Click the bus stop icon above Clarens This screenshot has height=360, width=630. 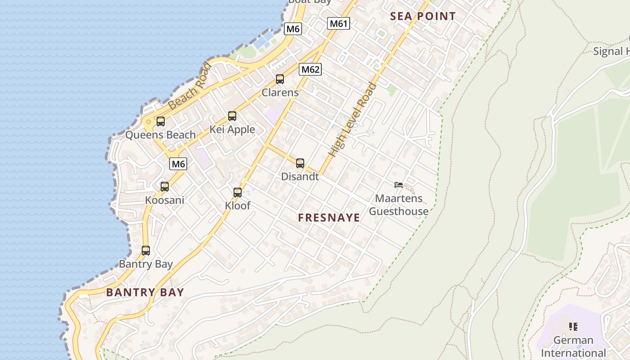coord(280,79)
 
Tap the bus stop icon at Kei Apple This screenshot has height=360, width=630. coord(232,116)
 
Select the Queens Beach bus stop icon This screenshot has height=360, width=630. coord(161,121)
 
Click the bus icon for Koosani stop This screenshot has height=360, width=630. coord(165,186)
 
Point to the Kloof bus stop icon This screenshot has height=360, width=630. coord(238,193)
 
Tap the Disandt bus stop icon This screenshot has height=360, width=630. coord(300,163)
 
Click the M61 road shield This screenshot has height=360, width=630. coord(338,23)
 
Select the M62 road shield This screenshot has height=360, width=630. coord(310,69)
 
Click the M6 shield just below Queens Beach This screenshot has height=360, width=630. coord(178,164)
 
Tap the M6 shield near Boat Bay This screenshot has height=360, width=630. coord(293,29)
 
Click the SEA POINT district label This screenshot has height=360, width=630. coord(423,17)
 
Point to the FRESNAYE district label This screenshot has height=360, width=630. coord(329,218)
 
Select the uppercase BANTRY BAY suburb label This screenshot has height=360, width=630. coord(145,292)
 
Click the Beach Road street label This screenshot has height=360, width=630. coord(189,86)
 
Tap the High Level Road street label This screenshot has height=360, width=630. coord(352,119)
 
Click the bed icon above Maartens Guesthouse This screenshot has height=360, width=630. coord(398,184)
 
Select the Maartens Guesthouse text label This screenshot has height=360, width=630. coord(399,205)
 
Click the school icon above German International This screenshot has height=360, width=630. coord(573,326)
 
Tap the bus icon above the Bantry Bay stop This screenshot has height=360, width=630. coord(146,251)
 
